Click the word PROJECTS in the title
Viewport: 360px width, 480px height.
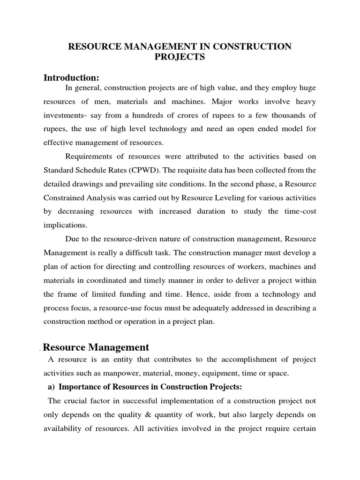point(180,57)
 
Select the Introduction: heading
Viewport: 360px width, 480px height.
point(71,77)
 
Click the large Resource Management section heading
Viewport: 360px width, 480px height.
point(96,347)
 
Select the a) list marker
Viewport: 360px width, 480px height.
point(51,387)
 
